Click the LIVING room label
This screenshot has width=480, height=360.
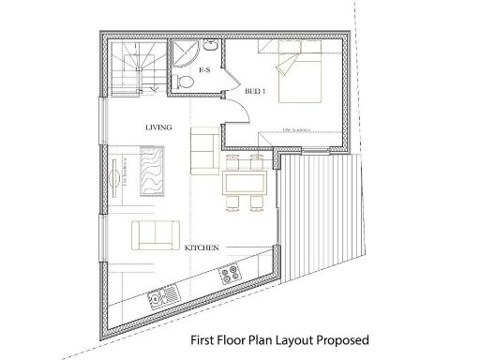coord(157,126)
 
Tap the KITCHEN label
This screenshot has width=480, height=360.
coord(202,247)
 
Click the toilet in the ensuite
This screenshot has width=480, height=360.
coord(187,83)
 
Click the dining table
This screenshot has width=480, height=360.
coord(246,184)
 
